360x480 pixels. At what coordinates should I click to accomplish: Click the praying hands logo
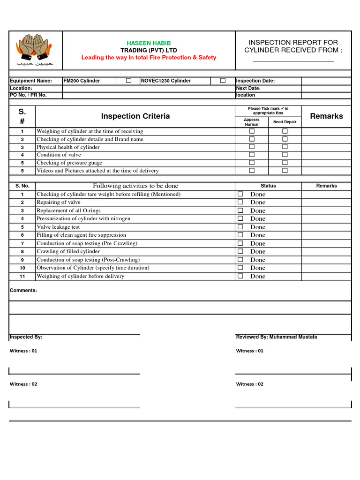click(35, 49)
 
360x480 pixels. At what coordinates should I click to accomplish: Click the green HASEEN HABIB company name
click(149, 43)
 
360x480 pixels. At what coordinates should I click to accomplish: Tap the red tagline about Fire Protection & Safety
click(149, 57)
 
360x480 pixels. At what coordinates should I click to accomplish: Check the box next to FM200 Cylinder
click(128, 81)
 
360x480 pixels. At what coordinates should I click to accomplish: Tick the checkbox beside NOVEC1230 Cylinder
click(223, 81)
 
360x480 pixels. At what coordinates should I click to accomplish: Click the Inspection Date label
click(255, 81)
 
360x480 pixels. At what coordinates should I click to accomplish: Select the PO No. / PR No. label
click(28, 95)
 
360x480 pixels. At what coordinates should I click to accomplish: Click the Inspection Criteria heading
click(135, 116)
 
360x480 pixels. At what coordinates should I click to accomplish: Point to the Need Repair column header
click(285, 122)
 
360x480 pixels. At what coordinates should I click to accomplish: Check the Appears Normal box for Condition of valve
click(252, 155)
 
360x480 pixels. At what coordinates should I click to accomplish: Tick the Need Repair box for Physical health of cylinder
click(285, 147)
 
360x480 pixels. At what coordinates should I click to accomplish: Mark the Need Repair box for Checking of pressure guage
click(285, 163)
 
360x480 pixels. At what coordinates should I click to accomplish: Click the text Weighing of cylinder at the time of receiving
click(90, 131)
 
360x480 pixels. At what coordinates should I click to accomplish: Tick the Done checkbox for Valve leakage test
click(240, 227)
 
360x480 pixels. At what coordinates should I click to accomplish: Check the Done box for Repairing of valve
click(240, 202)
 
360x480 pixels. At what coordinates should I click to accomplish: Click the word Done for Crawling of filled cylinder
click(257, 252)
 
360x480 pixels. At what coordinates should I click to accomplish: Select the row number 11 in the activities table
click(22, 276)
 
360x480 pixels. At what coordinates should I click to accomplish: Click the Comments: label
click(23, 290)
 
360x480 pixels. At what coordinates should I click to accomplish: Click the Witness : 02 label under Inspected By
click(23, 384)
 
